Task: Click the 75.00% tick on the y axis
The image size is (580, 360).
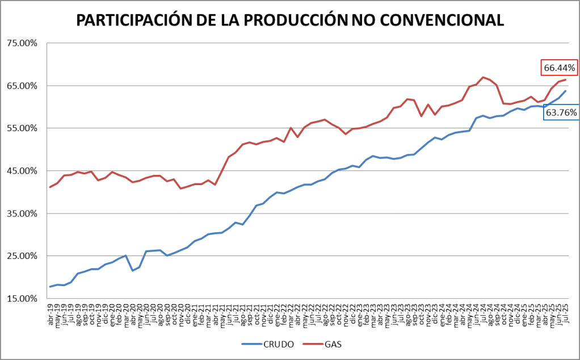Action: coord(21,43)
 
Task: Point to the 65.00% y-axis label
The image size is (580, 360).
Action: coord(21,86)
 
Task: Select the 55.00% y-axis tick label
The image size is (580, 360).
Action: coord(21,128)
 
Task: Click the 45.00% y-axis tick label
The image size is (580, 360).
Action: coord(21,171)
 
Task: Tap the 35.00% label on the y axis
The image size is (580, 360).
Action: coord(21,214)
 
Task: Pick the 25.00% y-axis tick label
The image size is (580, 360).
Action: coord(21,256)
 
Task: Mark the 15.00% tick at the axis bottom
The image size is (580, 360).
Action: coord(21,299)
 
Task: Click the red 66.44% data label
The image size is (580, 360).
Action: coord(560,68)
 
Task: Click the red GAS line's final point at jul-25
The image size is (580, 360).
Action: coord(565,79)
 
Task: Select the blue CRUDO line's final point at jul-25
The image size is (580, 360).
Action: coord(565,91)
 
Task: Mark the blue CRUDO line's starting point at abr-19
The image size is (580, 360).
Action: coord(50,287)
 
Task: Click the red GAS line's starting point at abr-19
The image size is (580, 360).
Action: coord(50,187)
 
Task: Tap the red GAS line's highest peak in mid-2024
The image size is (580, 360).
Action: coord(483,77)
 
